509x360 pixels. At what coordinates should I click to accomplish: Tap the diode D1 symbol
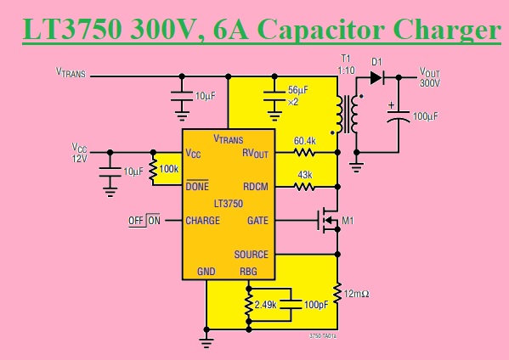[375, 76]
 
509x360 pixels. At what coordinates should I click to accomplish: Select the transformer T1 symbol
[347, 115]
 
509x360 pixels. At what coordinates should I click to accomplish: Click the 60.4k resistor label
[305, 141]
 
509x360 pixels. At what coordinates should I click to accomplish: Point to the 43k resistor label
[304, 174]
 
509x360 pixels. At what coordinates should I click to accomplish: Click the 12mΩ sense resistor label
[357, 294]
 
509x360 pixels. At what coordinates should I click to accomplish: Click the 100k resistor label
[169, 169]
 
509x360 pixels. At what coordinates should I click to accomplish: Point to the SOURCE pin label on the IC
[251, 254]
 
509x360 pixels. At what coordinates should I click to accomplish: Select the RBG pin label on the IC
[248, 272]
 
